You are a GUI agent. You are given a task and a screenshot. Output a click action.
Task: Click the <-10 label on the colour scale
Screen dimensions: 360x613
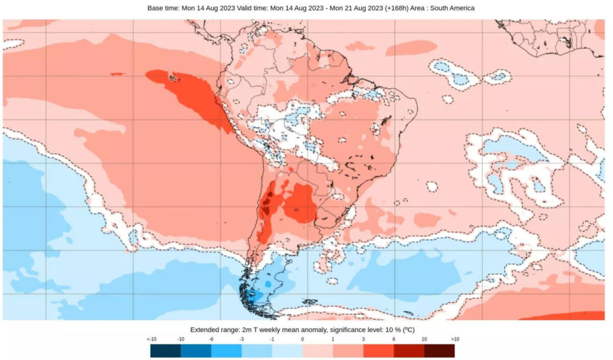pos(151,339)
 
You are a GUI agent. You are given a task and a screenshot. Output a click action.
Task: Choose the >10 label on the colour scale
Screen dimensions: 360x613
pos(454,339)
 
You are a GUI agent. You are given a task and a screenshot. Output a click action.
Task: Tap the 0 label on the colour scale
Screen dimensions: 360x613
pos(302,339)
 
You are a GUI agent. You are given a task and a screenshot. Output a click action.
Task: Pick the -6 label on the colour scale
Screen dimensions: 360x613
pos(211,339)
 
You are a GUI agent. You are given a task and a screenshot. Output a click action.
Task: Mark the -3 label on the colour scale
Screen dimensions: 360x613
pos(242,339)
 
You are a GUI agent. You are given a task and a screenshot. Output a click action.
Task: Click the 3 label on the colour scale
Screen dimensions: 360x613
pos(363,339)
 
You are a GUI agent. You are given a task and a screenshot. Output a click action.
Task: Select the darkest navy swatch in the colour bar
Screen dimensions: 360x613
pos(166,351)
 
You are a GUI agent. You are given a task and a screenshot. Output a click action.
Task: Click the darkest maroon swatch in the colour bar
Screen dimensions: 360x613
pos(439,351)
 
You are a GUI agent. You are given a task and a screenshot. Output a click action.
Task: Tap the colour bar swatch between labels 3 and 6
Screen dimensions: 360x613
pos(378,351)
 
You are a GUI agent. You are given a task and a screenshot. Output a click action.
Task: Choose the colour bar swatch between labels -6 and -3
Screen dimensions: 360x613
pos(226,351)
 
